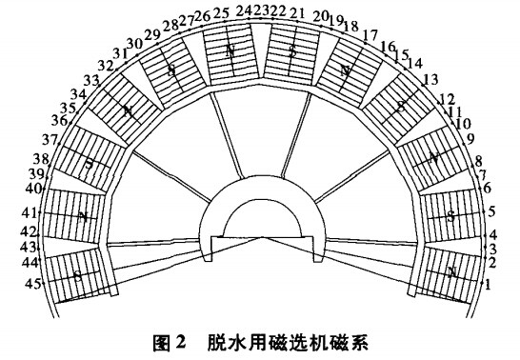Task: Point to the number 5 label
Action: tap(491, 210)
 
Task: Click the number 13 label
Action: tap(430, 79)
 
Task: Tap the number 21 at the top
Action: tap(297, 13)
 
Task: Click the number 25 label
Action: tap(221, 13)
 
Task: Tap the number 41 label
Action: tap(29, 211)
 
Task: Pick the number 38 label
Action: tap(41, 158)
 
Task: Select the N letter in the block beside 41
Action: tap(85, 217)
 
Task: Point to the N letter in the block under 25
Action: tap(230, 50)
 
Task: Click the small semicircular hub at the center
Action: tap(260, 220)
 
